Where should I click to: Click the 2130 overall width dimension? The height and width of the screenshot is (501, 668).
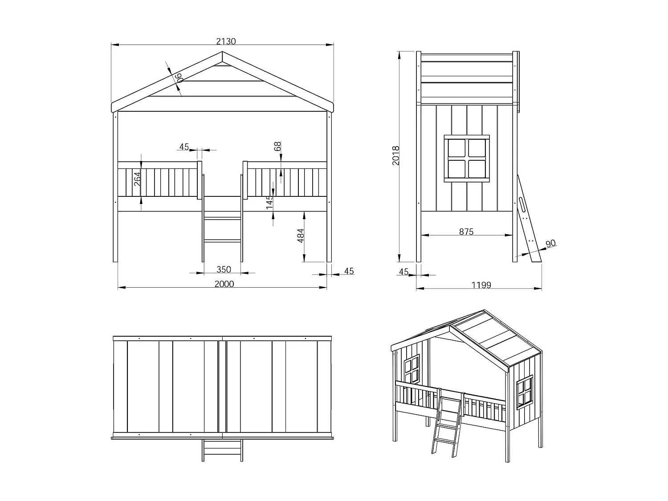point(226,41)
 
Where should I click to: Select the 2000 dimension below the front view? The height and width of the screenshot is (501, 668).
point(224,284)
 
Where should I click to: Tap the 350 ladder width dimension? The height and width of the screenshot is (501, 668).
point(224,269)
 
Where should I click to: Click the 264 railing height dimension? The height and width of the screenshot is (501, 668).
point(137,179)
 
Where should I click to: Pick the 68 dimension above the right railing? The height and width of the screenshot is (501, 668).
point(277,147)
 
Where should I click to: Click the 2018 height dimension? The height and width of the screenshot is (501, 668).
point(396,155)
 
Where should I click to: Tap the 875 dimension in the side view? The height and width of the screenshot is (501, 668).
point(466,232)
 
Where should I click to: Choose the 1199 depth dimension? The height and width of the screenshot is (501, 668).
point(481,285)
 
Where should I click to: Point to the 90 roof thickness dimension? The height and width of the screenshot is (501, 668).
point(179,78)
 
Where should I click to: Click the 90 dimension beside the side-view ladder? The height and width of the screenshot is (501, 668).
point(551,244)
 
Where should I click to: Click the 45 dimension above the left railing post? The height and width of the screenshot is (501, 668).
point(184,147)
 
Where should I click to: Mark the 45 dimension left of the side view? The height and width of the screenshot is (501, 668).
point(403,272)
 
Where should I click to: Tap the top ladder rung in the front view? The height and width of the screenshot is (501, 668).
point(222,219)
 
